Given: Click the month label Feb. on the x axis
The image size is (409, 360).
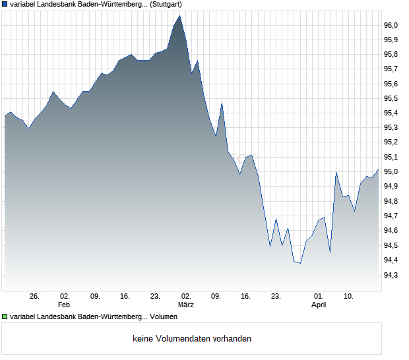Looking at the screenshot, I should click(65, 305).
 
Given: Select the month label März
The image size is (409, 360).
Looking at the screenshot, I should click(186, 305).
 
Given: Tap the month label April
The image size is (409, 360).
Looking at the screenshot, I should click(319, 305).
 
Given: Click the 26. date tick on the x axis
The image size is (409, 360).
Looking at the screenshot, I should click(35, 296).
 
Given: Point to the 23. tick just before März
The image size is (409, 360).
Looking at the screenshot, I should click(156, 296).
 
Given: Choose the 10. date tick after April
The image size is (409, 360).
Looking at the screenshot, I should click(349, 296).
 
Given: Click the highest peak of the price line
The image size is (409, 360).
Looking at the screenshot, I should click(179, 16).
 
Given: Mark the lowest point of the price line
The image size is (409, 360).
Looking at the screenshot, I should click(300, 263).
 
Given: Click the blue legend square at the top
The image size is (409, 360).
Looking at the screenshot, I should click(5, 5).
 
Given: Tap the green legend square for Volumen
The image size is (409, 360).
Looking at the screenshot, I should click(5, 316).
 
